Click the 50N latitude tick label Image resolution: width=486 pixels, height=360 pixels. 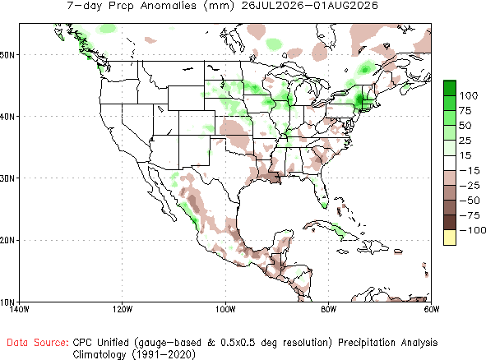7,55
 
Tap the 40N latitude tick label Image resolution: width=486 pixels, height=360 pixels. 7,117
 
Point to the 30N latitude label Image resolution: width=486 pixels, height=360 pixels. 7,178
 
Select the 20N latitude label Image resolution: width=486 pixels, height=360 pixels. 7,240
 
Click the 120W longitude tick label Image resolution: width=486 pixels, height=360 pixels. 123,309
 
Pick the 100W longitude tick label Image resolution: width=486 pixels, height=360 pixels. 225,309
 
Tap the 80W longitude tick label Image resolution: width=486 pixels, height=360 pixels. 329,309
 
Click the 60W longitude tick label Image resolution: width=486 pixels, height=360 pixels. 432,309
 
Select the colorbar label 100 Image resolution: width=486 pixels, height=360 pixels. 469,95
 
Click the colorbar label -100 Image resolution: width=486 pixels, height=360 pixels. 473,230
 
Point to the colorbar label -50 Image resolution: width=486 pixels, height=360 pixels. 470,201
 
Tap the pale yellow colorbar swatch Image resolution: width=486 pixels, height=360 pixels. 450,238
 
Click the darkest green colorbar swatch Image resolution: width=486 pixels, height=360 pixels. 450,88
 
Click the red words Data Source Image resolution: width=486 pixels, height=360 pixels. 38,343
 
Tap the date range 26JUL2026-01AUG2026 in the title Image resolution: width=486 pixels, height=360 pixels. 309,6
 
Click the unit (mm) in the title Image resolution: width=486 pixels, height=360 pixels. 219,6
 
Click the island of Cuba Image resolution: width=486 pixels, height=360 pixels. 331,229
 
